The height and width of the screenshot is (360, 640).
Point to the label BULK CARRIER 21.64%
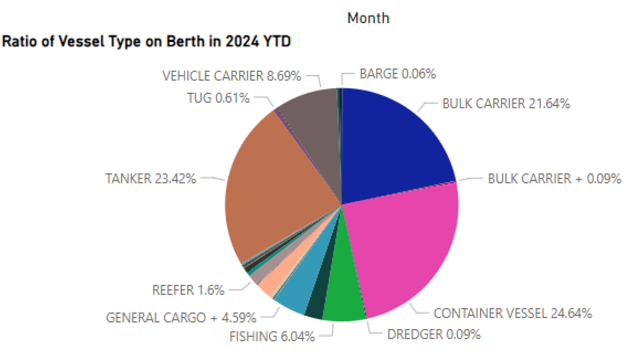[x=506, y=104]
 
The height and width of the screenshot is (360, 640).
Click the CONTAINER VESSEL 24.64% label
[x=513, y=313]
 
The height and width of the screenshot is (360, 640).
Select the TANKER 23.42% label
[x=151, y=179]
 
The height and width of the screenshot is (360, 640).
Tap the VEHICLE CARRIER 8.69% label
[x=232, y=76]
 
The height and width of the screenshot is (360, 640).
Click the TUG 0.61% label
[x=218, y=98]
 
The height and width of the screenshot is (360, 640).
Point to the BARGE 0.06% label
[x=398, y=74]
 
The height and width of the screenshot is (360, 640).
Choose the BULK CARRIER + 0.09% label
[x=554, y=179]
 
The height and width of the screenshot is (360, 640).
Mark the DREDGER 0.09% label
[x=434, y=334]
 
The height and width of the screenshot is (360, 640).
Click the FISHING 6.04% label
[x=272, y=336]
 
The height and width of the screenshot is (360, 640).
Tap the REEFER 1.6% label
[x=188, y=291]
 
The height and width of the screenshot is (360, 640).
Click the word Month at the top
[x=368, y=18]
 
